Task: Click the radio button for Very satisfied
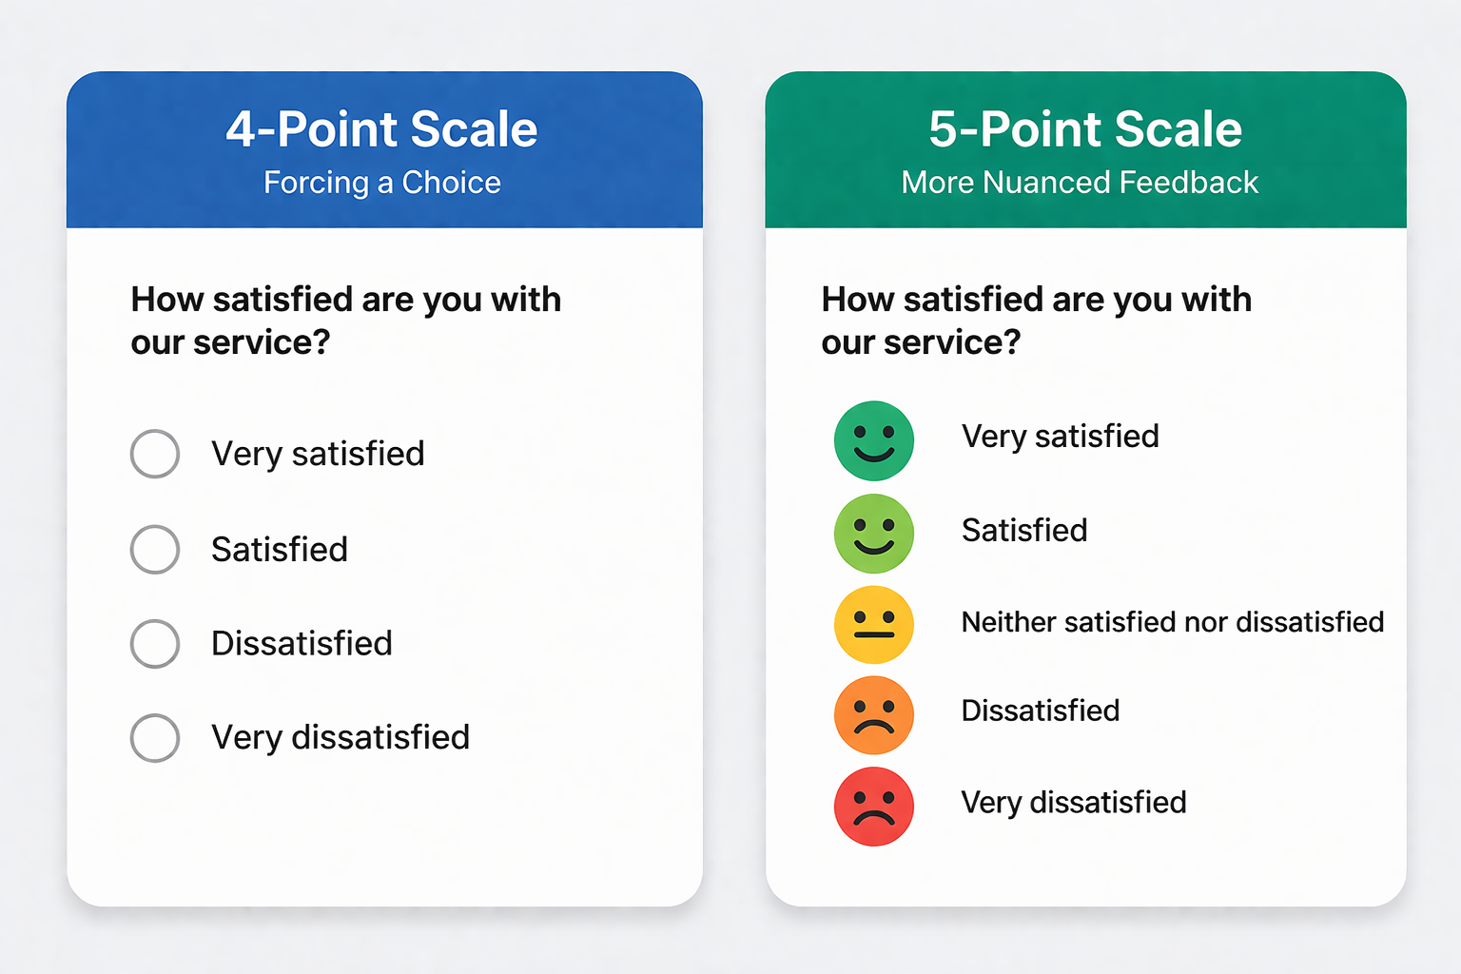pos(155,454)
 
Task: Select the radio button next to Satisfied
pos(155,549)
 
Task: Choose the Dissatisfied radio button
pos(155,644)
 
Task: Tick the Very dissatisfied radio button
pos(155,737)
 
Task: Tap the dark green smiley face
pos(873,440)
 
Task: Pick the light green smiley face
pos(873,534)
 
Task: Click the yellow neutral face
pos(873,625)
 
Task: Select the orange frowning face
pos(873,714)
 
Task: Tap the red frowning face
pos(873,807)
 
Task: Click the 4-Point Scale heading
pos(381,129)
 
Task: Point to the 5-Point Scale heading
pos(1085,129)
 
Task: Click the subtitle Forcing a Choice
pos(381,183)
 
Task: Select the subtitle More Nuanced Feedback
pos(1080,183)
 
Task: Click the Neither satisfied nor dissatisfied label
pos(1172,622)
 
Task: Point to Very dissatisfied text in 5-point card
pos(1073,803)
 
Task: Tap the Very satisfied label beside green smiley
pos(1060,437)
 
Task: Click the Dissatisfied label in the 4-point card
pos(302,644)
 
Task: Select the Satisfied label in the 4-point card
pos(279,550)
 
